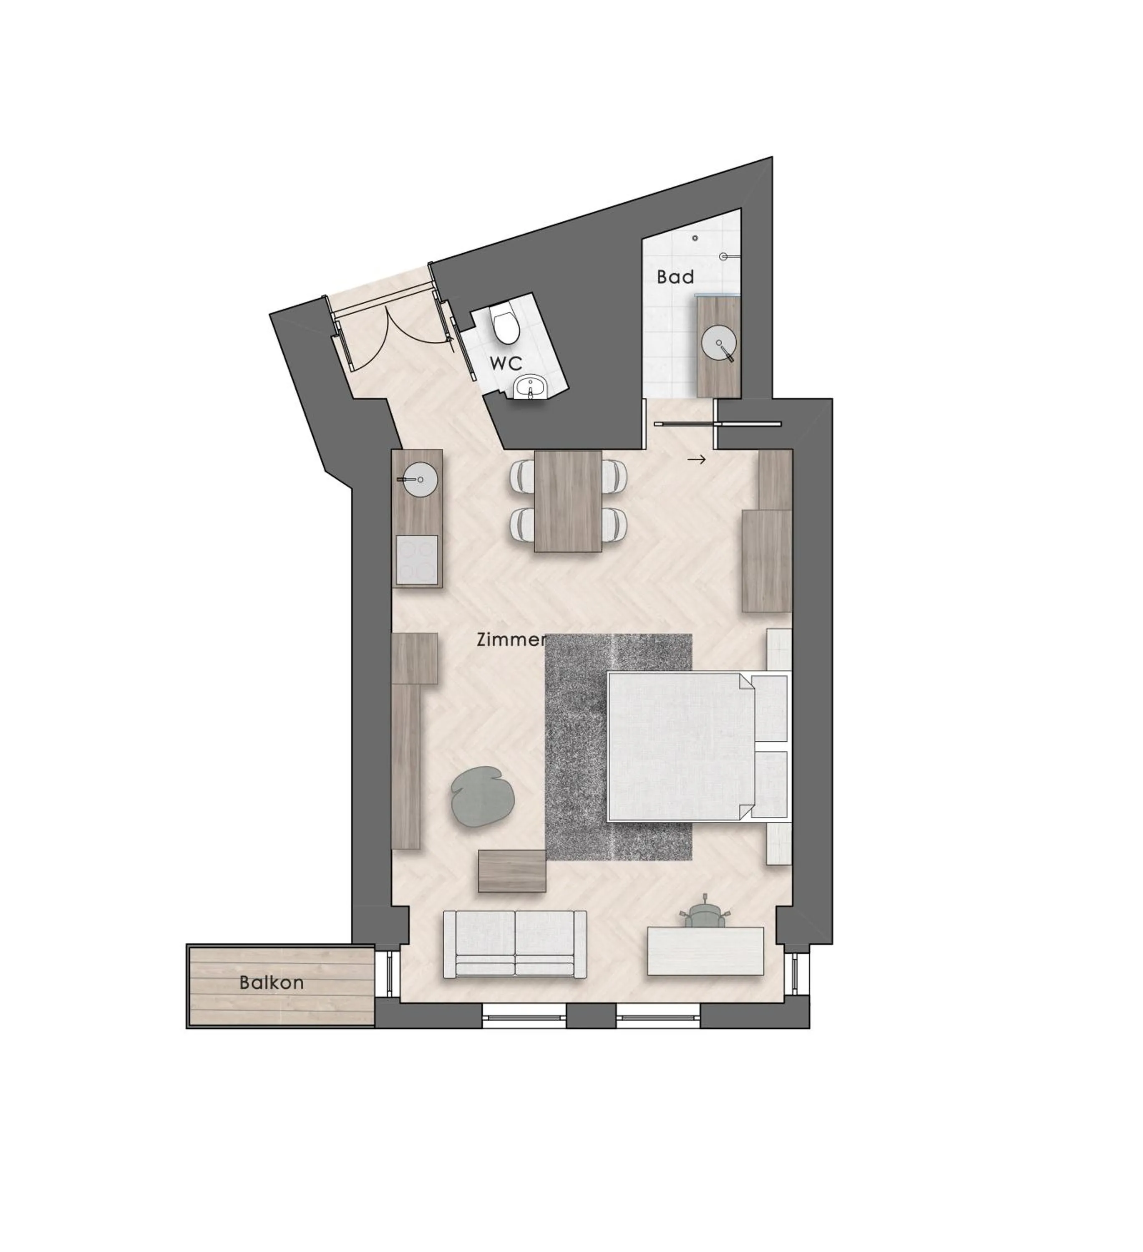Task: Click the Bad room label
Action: point(675,277)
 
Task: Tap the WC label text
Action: point(506,363)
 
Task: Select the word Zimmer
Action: point(510,640)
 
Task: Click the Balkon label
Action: point(271,982)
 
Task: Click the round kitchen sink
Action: point(417,479)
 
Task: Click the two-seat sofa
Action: point(515,944)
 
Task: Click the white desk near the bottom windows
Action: point(705,950)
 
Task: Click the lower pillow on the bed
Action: point(769,784)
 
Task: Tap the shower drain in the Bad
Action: point(695,238)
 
